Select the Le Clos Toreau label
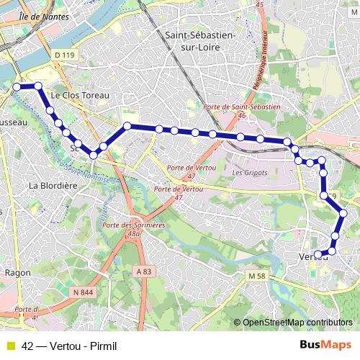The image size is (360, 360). tap(80, 94)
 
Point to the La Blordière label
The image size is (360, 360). tap(53, 184)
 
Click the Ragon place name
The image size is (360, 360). tap(17, 273)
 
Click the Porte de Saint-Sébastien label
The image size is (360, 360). tap(241, 109)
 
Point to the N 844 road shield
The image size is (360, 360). tap(85, 291)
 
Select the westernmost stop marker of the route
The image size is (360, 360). tap(16, 86)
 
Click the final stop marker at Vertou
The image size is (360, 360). tap(318, 253)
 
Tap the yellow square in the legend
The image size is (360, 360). tap(10, 345)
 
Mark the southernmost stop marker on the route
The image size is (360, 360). tap(318, 253)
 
